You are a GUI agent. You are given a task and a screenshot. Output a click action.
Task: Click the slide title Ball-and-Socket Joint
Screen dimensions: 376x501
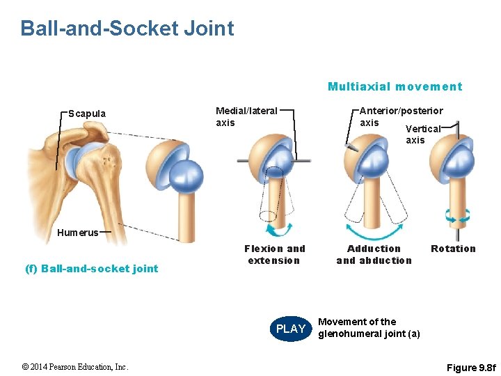(127, 29)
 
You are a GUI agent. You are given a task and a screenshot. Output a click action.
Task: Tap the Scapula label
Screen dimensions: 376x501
(88, 113)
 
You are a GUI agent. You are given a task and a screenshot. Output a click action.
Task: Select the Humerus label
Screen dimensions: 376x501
(78, 233)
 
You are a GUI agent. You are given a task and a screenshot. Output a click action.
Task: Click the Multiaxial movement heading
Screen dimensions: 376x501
(395, 87)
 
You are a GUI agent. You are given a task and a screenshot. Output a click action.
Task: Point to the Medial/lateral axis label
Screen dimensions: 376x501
(246, 116)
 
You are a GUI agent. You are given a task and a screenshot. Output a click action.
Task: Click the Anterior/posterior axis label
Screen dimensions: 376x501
(400, 116)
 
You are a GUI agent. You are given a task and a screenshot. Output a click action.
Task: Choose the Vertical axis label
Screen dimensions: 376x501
(423, 134)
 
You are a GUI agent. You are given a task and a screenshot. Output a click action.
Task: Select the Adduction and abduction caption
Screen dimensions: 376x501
(374, 255)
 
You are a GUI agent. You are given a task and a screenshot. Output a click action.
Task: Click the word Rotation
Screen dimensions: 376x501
(453, 249)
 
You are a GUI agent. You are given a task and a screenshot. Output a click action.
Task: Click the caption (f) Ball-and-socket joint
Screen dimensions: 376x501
(100, 269)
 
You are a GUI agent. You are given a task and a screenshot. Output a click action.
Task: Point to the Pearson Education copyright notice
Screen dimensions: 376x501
(75, 367)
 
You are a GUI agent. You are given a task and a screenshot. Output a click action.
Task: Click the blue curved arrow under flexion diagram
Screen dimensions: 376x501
(276, 229)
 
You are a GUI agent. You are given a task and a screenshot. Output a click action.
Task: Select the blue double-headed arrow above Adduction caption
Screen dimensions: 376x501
(374, 232)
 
